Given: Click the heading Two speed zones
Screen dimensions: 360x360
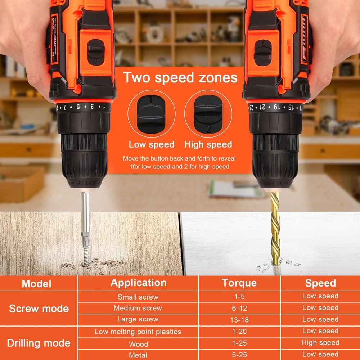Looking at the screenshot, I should (x=180, y=78).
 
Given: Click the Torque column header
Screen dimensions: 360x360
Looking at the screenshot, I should (x=239, y=283).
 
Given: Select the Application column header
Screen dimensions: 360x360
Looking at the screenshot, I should (x=138, y=283).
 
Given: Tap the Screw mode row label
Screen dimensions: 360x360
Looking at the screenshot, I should (x=39, y=309).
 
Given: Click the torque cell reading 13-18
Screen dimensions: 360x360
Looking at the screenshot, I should (x=239, y=320).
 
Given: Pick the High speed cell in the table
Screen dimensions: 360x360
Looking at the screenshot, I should (x=320, y=343).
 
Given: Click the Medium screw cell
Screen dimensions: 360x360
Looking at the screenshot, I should (x=138, y=308).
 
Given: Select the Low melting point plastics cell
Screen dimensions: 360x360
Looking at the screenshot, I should (x=138, y=332).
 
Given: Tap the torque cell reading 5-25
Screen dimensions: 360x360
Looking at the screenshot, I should (x=239, y=355).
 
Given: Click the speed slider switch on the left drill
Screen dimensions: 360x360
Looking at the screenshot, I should (x=96, y=53).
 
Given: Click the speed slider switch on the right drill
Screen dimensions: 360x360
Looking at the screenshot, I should (x=263, y=53).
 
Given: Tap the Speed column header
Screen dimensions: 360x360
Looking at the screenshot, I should (x=320, y=283).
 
